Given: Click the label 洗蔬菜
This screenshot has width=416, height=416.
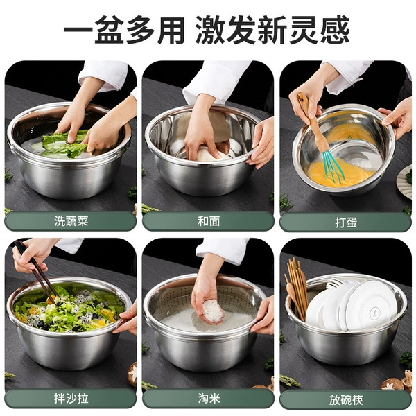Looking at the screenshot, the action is [71, 221].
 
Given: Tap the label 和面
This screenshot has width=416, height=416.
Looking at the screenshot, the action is [209, 221].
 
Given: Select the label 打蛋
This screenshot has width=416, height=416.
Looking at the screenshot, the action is [346, 223].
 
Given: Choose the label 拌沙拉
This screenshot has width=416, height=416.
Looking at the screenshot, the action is [71, 398].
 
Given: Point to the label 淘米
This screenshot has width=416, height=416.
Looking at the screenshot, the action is [209, 398].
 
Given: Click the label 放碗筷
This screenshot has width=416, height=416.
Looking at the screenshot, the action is [346, 399].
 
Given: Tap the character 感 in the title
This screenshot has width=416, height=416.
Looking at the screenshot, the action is [335, 30].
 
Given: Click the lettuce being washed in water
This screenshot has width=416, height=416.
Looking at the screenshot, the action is [66, 144].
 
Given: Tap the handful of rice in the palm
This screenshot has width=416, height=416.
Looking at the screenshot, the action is [212, 311].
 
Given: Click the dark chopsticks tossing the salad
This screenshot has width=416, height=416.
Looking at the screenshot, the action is [37, 271].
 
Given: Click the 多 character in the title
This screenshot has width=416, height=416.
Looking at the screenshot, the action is [140, 30].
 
